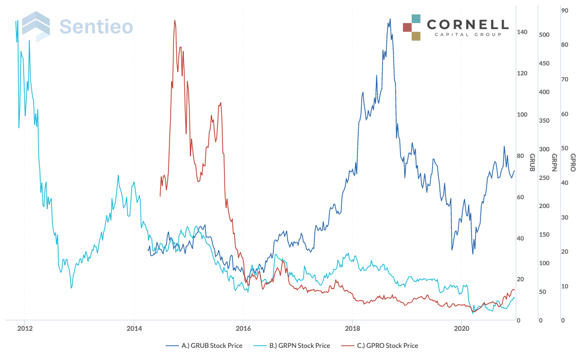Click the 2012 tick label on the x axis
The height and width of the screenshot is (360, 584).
click(24, 328)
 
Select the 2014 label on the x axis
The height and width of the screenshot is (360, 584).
click(134, 328)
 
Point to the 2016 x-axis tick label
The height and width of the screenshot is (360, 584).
click(243, 328)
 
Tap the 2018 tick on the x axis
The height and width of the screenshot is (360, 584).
click(352, 328)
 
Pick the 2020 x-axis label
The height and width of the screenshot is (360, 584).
click(462, 328)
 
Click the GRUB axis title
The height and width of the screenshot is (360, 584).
click(532, 162)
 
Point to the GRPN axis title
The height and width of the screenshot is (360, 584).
click(554, 162)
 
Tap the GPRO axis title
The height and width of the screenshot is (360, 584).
click(572, 162)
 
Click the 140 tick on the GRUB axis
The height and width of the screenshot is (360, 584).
click(522, 32)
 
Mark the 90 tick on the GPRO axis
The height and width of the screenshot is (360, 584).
click(564, 10)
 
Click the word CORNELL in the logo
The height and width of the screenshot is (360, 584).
click(467, 25)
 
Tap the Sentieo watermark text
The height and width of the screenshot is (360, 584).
click(96, 26)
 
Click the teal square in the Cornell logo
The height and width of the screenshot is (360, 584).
click(416, 19)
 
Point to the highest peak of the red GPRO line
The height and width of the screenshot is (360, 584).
click(174, 20)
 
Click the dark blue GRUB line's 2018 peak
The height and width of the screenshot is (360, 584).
click(390, 19)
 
